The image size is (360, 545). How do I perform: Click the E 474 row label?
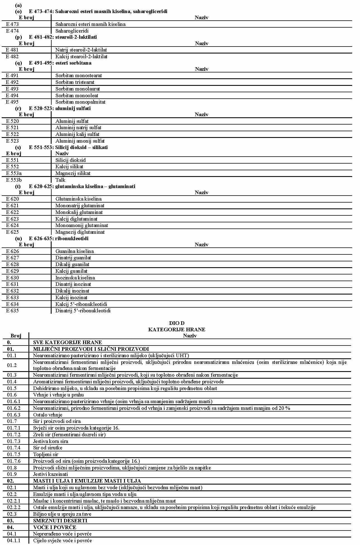(x=13, y=31)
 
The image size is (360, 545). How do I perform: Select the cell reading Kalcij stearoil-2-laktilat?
(x=81, y=57)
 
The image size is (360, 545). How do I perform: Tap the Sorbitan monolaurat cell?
(x=78, y=89)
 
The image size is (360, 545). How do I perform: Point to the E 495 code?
(x=13, y=102)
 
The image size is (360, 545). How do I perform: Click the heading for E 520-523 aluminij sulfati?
(x=60, y=108)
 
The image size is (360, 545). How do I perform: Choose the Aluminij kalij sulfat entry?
(x=77, y=134)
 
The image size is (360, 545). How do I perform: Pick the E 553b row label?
(x=14, y=180)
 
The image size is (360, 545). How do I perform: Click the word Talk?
(x=60, y=180)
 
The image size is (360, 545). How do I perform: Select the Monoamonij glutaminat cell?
(x=81, y=225)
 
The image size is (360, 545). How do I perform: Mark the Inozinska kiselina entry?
(x=75, y=278)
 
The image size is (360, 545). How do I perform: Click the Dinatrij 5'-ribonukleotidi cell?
(x=83, y=311)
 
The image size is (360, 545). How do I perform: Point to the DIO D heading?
(x=177, y=323)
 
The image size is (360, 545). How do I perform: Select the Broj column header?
(x=16, y=336)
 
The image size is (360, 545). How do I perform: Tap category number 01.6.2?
(x=14, y=408)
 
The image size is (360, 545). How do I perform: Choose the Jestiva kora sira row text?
(x=50, y=441)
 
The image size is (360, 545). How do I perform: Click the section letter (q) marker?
(x=18, y=63)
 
